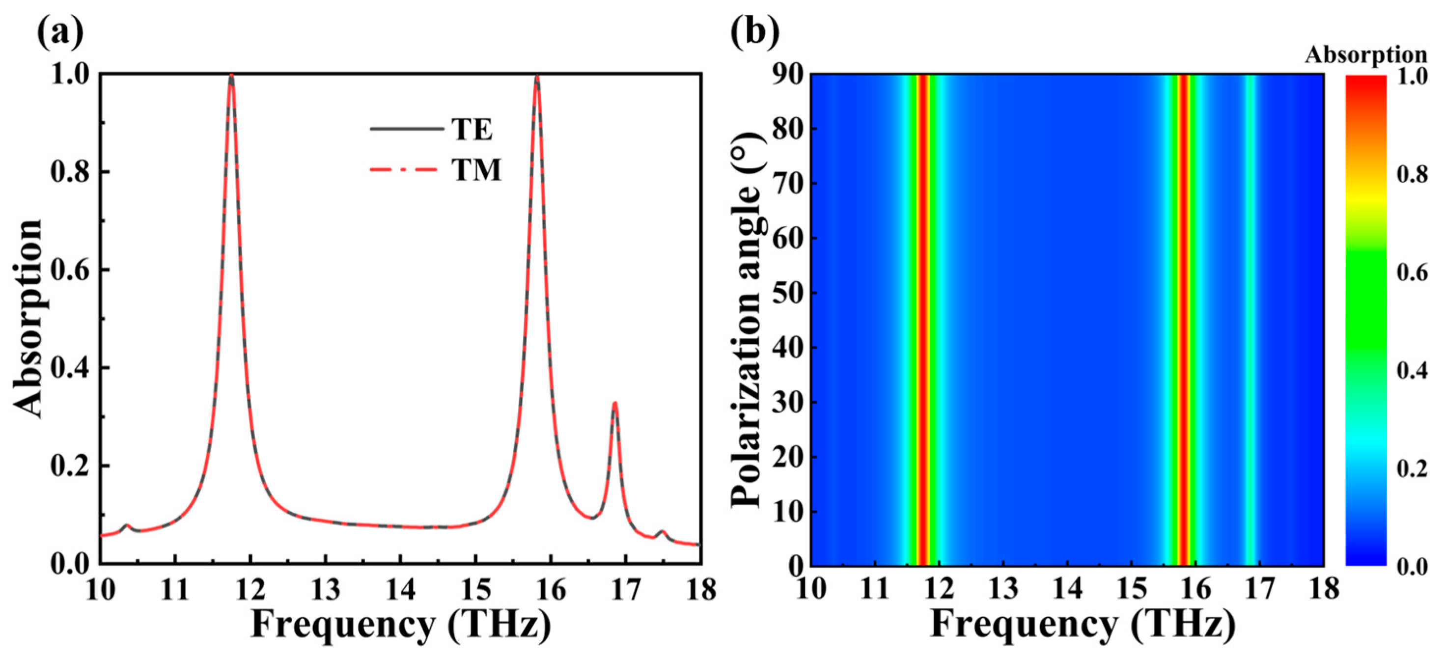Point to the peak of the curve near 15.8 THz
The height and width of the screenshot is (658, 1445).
pos(537,78)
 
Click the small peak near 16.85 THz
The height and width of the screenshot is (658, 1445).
pos(615,403)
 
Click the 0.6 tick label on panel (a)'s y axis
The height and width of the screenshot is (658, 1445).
pos(70,270)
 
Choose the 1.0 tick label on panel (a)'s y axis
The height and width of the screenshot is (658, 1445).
pos(70,75)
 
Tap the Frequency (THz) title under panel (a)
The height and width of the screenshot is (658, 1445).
pos(400,624)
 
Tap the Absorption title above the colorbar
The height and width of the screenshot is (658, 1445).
pos(1365,55)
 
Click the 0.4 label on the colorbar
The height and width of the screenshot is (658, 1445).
pos(1411,371)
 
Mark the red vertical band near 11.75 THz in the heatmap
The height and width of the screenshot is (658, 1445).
pos(922,320)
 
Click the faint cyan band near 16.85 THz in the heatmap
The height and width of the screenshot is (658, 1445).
pos(1250,320)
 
